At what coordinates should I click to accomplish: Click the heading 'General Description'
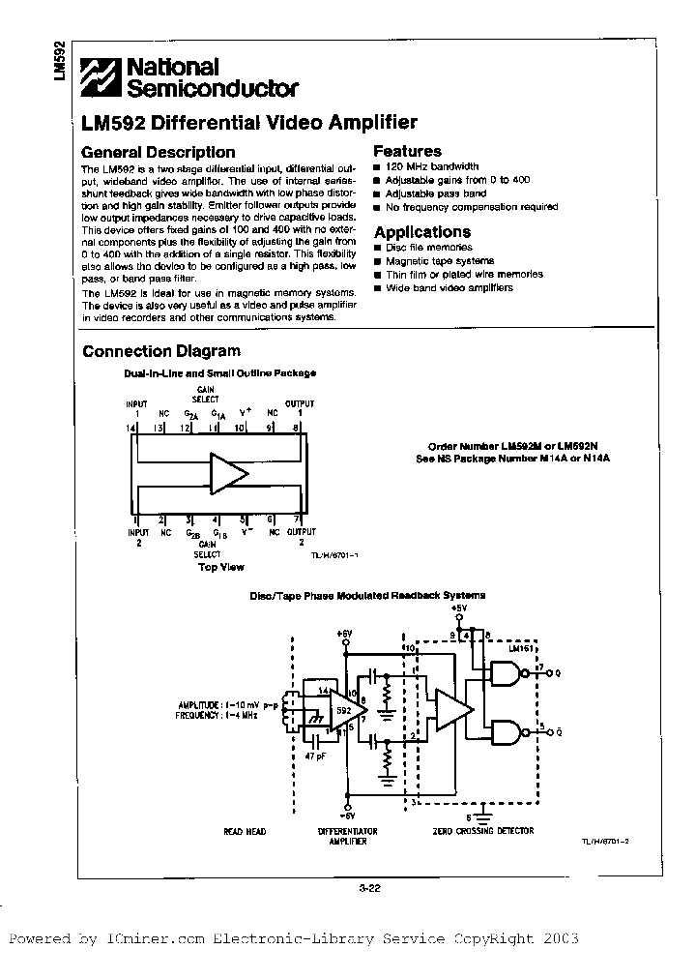158,152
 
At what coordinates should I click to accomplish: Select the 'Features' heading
407,151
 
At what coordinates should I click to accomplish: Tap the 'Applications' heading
421,232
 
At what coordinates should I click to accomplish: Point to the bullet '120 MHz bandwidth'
431,167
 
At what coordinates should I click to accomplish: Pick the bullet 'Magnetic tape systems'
439,261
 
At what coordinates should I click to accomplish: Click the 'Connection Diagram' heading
160,351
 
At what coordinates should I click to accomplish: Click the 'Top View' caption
221,567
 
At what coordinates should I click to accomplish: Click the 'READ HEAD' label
244,832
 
